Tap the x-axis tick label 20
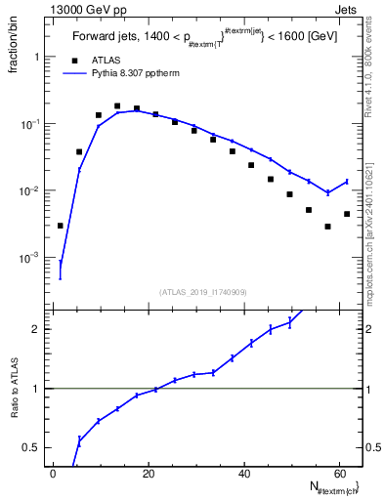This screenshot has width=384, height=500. (x=147, y=473)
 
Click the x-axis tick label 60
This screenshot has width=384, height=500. (x=337, y=473)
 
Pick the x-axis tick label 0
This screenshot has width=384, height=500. (x=53, y=473)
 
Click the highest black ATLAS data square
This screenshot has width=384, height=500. (x=117, y=106)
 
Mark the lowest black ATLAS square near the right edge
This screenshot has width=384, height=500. (x=327, y=227)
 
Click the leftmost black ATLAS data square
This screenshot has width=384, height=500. (x=60, y=226)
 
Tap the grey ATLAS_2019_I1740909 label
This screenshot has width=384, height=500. (x=202, y=291)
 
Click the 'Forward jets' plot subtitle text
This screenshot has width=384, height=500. (x=107, y=39)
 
